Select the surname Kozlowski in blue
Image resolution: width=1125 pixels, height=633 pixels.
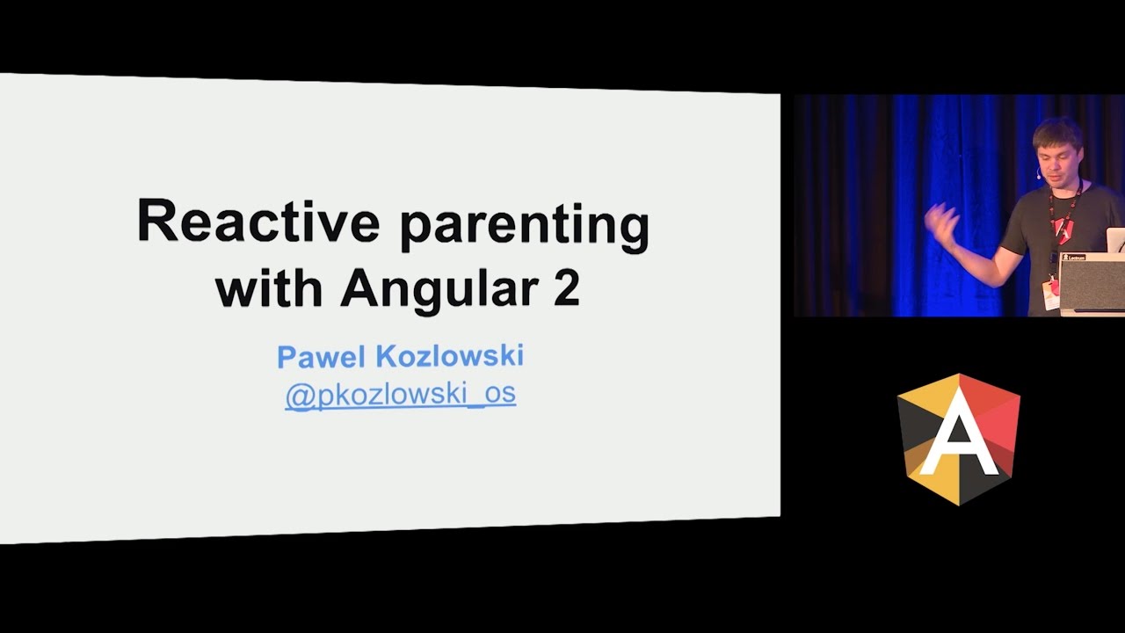coord(450,356)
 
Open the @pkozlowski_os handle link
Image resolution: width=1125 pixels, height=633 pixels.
coord(400,394)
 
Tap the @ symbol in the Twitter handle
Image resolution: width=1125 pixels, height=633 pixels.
coord(301,396)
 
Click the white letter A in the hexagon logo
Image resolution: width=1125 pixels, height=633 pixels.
coord(959,433)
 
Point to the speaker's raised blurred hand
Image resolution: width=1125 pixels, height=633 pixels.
coord(942,224)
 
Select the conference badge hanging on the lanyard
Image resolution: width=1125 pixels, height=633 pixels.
coord(1050,295)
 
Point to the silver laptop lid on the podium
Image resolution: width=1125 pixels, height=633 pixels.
coord(1115,240)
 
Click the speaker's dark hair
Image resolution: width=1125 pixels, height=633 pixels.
coord(1056,132)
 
